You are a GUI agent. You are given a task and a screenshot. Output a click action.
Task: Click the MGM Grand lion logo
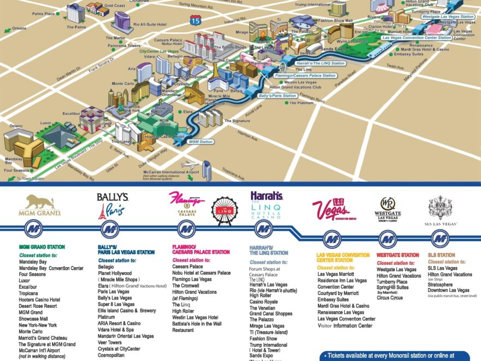click(x=39, y=204)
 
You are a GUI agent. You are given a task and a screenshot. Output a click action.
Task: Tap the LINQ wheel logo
click(x=225, y=211)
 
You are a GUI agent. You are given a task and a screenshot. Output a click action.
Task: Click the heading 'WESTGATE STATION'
click(x=397, y=255)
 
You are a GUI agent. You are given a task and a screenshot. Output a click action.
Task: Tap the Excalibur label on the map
click(x=72, y=113)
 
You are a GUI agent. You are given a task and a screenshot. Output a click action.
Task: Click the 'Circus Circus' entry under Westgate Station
click(x=390, y=298)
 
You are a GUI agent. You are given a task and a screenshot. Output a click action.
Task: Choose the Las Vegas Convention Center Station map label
click(x=417, y=38)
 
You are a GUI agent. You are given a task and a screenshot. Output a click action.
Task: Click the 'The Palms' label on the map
click(x=76, y=27)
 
